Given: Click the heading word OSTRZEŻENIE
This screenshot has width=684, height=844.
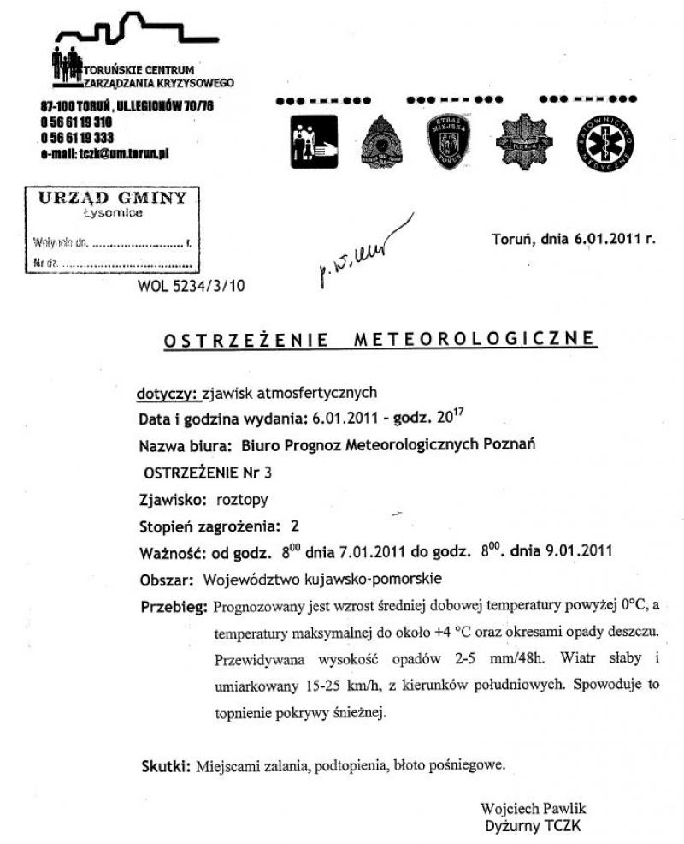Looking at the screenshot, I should point(247,340).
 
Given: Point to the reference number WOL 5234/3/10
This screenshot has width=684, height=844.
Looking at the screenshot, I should point(191,287).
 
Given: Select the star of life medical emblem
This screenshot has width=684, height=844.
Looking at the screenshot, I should point(605,140).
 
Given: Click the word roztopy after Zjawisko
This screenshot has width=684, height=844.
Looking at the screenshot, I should point(241,499).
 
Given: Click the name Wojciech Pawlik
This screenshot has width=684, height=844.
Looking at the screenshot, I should point(534,808).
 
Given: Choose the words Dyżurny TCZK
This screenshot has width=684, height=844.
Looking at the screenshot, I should point(534,825).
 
